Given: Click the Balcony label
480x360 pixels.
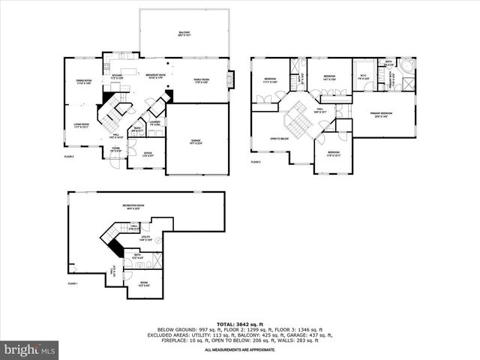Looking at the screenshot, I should [184, 34].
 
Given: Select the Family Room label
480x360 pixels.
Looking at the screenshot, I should [201, 81].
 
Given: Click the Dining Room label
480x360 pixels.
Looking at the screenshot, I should [83, 82].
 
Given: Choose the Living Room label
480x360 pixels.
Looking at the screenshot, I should [81, 125].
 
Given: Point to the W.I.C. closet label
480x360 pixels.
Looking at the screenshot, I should [362, 78].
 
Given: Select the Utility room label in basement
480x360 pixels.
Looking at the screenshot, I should [146, 238].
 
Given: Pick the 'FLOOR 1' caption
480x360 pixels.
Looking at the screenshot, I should [73, 283].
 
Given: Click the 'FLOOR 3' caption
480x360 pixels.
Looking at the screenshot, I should [255, 162].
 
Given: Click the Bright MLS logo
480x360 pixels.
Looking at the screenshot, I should [30, 349].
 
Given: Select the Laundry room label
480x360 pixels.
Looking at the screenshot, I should [155, 123].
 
